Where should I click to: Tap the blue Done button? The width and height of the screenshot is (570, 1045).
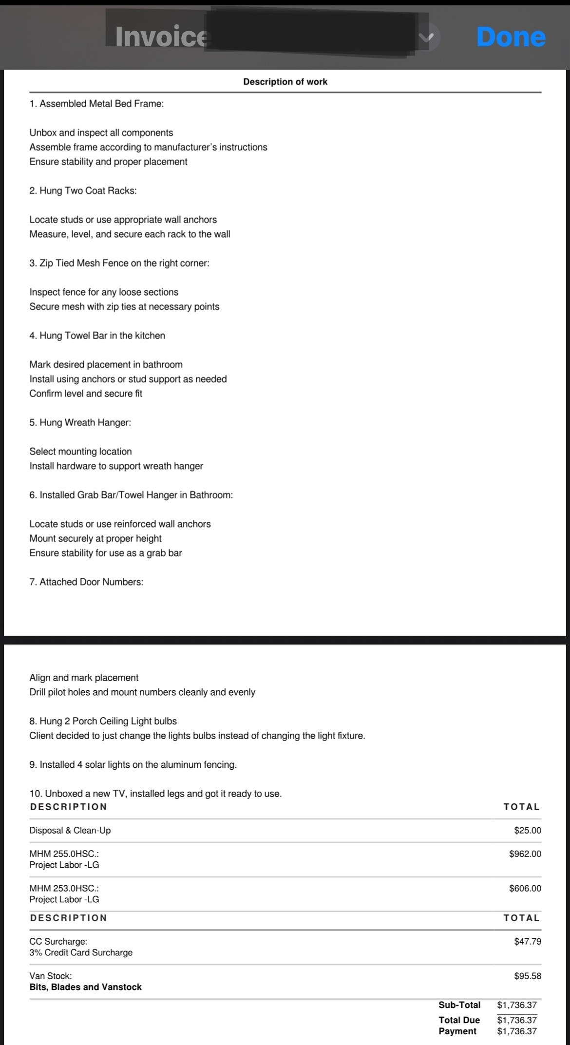pos(511,37)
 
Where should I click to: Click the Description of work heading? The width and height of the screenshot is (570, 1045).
pos(285,82)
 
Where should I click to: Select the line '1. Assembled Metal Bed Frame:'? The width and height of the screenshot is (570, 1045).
pos(96,104)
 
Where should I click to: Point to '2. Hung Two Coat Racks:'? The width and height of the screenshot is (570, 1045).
pos(83,190)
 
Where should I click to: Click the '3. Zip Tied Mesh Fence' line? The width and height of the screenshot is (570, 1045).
pos(119,263)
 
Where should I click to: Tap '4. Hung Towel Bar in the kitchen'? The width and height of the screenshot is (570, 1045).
pos(97,336)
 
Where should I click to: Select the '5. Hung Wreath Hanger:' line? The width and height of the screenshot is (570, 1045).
pos(80,422)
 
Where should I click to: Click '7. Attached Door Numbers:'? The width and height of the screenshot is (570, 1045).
pos(86,582)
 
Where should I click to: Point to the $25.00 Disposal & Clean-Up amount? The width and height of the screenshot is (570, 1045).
pos(527,830)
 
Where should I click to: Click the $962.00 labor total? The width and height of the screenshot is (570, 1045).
pos(525,854)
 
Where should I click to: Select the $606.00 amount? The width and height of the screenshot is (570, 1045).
pos(525,888)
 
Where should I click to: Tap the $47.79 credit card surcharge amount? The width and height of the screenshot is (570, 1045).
pos(527,941)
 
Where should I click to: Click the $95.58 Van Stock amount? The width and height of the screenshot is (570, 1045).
pos(527,976)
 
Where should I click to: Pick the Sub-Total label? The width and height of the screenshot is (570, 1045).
pos(459,1005)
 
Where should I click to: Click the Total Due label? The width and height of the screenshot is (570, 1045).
pos(459,1020)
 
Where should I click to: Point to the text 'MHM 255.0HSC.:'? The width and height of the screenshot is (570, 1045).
pos(64,854)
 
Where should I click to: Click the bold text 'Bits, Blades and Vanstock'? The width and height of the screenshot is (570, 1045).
pos(85,987)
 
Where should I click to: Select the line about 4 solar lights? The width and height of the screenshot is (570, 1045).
pos(133,764)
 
